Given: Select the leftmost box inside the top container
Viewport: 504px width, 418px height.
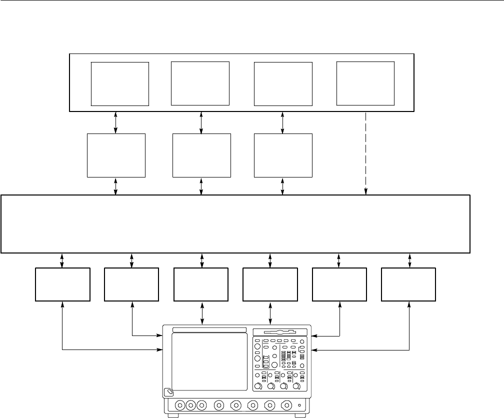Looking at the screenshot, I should [x=120, y=83].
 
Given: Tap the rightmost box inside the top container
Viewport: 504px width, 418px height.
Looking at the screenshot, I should [x=365, y=83].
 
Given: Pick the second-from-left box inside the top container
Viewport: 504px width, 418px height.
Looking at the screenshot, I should [x=200, y=83].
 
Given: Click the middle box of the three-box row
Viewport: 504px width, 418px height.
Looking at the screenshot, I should [x=201, y=155].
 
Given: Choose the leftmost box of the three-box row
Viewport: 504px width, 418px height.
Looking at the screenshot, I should [x=116, y=155].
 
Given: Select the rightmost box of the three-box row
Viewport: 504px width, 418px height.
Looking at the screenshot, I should [x=283, y=155].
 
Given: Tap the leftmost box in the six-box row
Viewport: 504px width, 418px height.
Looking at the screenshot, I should [x=62, y=284].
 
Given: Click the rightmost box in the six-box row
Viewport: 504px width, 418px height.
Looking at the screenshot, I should [x=408, y=284].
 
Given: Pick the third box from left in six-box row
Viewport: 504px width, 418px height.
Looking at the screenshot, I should [x=201, y=284].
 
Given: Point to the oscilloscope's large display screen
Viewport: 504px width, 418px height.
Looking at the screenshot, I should [x=209, y=361].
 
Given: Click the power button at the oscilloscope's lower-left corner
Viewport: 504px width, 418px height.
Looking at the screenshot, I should [x=169, y=391].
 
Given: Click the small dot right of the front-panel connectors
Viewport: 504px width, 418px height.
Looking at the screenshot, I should [x=299, y=405].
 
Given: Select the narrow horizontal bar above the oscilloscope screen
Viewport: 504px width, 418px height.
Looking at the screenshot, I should [x=209, y=330].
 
